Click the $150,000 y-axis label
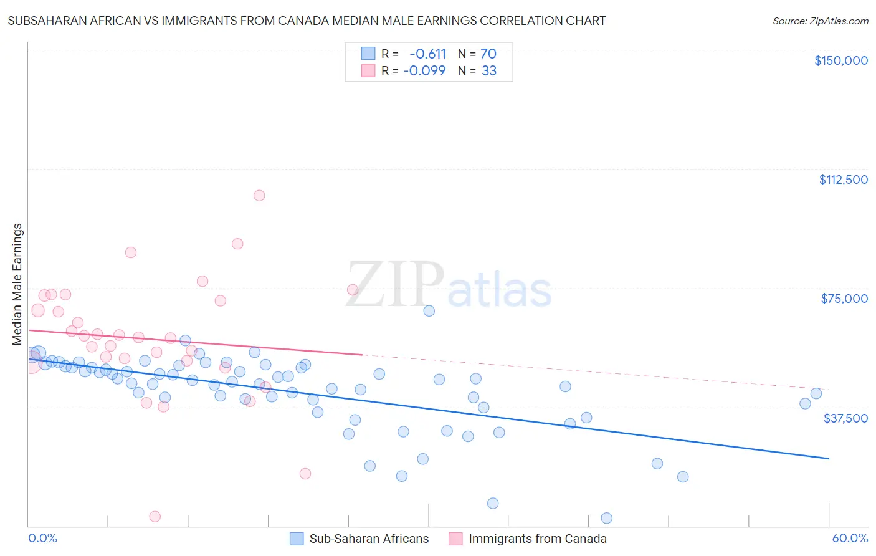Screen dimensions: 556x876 [x=840, y=60]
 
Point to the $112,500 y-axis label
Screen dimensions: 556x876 [x=843, y=180]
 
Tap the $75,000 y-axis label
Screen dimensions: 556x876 [x=844, y=299]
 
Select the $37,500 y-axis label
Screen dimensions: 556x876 [x=845, y=418]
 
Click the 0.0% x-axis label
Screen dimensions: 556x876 [x=42, y=538]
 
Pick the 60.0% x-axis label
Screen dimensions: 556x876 [x=850, y=538]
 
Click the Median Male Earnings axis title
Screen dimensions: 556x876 [x=17, y=284]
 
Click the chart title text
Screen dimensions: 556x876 [x=307, y=21]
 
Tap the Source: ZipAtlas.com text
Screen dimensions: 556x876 [x=820, y=21]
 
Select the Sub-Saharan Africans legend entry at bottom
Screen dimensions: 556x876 [x=359, y=539]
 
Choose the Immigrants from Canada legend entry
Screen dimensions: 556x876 [x=528, y=539]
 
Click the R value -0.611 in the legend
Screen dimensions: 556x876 [x=427, y=54]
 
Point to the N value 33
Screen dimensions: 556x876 [x=489, y=71]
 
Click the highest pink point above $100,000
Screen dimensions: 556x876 [x=259, y=196]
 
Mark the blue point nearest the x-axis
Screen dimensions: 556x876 [x=606, y=518]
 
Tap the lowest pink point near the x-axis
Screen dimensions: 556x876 [x=155, y=516]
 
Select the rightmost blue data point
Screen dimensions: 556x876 [x=816, y=393]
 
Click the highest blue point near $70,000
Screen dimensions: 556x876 [x=429, y=310]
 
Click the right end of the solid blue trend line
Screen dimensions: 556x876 [x=829, y=458]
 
